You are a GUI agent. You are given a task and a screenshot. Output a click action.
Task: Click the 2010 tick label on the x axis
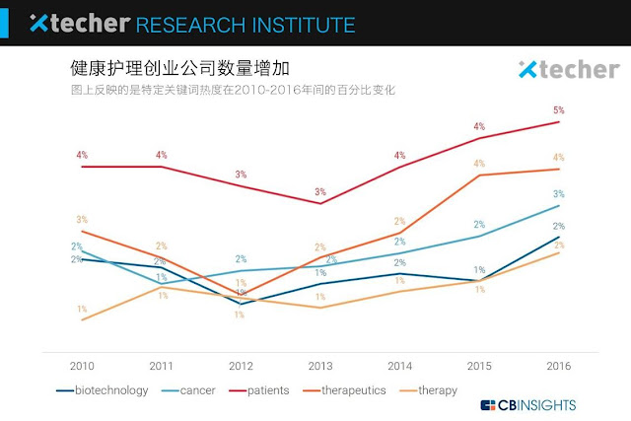coord(82,366)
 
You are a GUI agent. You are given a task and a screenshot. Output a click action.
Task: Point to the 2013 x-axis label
coord(320,366)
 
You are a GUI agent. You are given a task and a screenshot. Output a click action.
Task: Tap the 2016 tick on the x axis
coord(559,366)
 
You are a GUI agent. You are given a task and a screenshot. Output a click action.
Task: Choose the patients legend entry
coord(269,390)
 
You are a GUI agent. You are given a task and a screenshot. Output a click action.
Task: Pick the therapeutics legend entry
coord(351,390)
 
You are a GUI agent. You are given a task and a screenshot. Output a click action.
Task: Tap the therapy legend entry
coord(437,390)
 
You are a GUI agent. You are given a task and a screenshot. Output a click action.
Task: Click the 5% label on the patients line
coord(559,110)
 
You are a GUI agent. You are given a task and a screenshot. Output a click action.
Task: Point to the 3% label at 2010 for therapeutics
coord(82,220)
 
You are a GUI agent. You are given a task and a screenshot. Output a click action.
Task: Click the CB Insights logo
coord(528,404)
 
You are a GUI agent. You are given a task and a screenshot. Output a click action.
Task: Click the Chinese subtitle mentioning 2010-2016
coord(233,91)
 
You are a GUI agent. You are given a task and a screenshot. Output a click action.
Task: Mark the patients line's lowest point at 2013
coord(320,203)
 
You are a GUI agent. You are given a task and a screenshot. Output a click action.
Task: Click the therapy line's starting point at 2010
coord(82,320)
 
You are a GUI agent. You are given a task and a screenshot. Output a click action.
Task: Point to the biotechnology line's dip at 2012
coord(241,304)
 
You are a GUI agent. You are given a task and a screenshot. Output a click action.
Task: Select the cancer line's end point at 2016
coord(559,205)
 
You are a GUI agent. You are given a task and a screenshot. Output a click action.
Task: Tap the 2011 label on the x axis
coord(162,366)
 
